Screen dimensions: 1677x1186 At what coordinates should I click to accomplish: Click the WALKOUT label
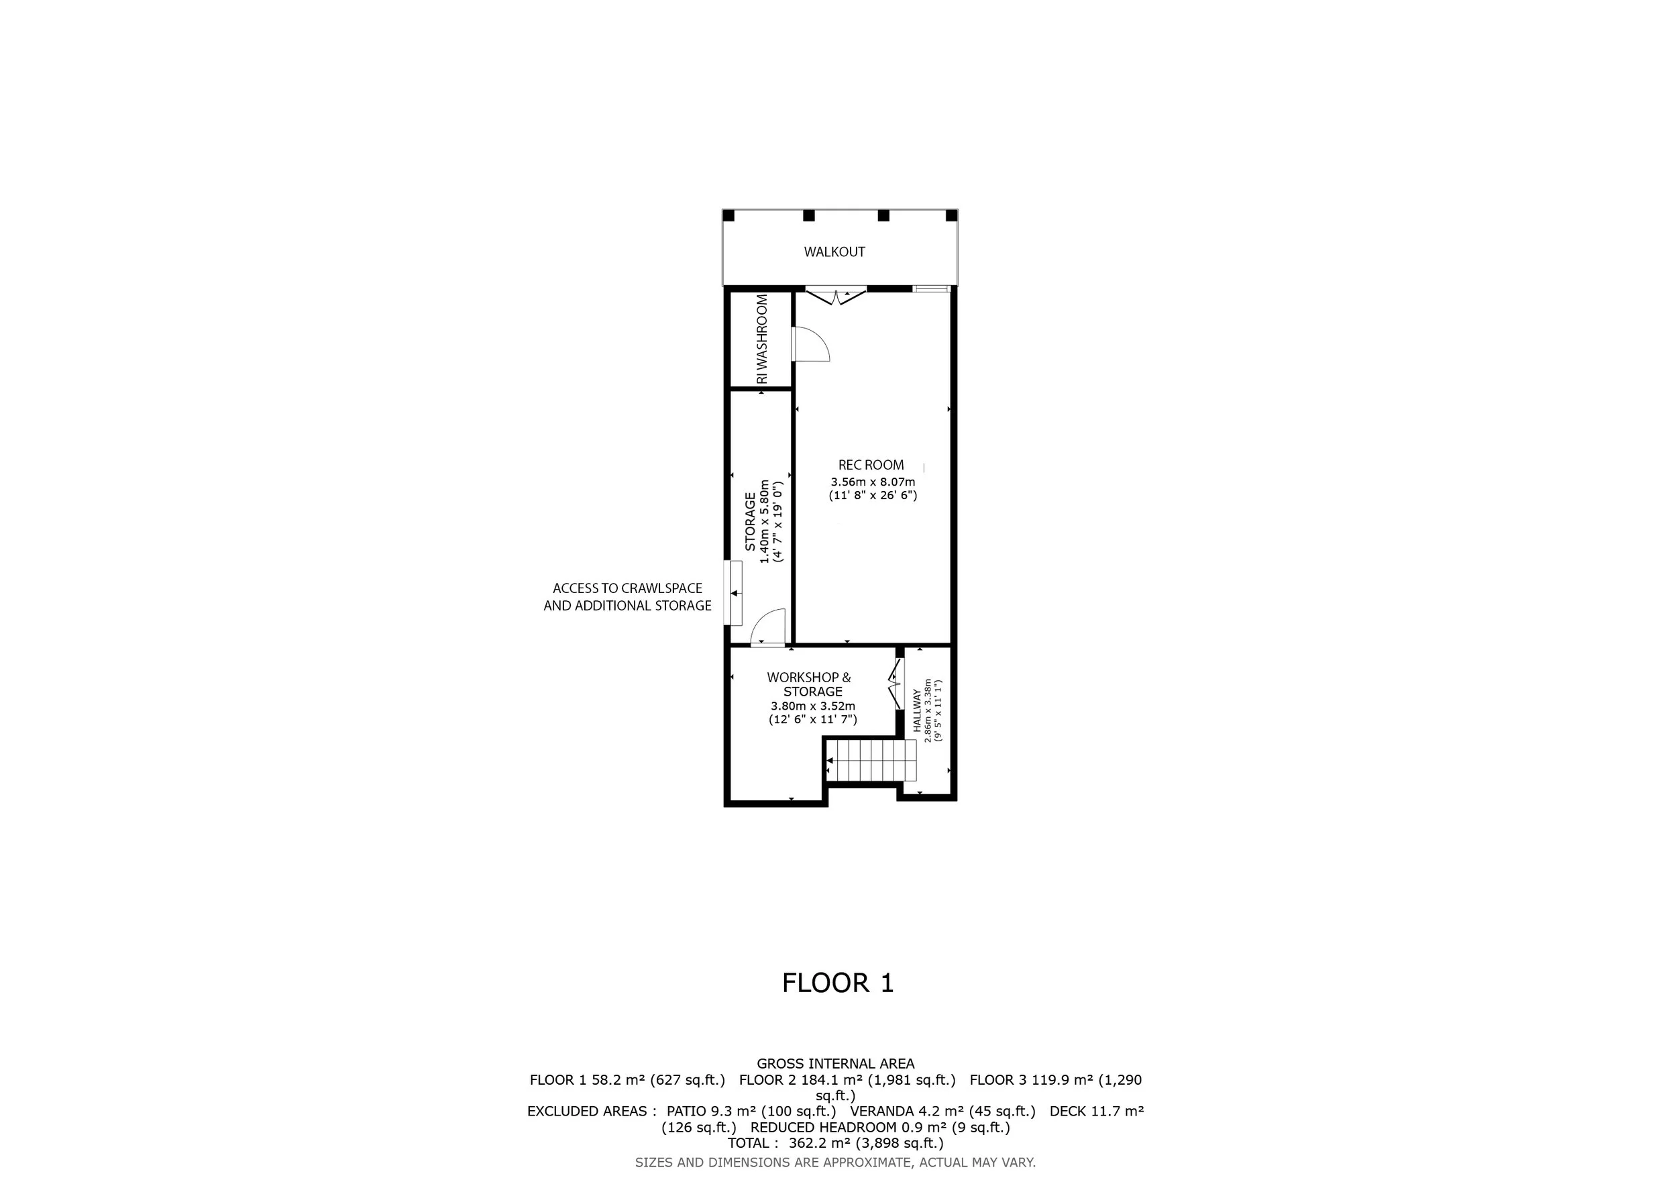(834, 252)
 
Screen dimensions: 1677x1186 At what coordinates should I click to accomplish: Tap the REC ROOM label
(871, 465)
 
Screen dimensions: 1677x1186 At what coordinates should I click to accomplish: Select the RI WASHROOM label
(763, 339)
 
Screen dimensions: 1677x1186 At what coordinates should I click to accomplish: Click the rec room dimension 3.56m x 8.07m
(873, 482)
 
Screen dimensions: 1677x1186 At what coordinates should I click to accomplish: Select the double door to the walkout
(836, 295)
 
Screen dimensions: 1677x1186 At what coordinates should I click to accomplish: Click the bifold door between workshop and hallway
(895, 684)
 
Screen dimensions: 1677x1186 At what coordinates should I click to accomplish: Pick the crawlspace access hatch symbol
(733, 593)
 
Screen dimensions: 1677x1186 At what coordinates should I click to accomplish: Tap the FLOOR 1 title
(838, 983)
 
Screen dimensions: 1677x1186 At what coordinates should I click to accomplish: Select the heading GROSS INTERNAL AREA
(836, 1064)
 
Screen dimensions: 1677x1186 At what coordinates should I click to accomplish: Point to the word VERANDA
(881, 1112)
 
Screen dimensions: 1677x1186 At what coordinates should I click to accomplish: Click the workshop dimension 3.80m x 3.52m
(813, 706)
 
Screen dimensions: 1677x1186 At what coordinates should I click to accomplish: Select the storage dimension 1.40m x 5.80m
(765, 521)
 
